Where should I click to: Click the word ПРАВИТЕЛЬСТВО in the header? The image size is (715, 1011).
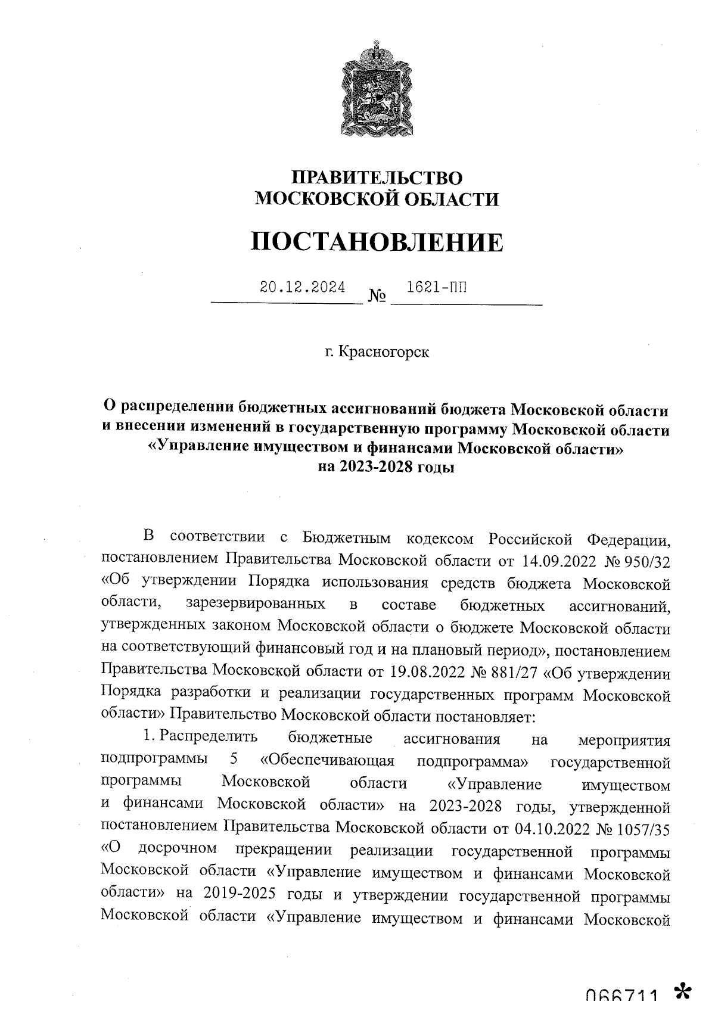tap(376, 177)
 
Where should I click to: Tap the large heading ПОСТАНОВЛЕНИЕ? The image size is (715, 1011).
tap(376, 242)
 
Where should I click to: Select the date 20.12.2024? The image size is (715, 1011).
tap(302, 287)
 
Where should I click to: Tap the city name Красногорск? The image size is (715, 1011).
tap(383, 352)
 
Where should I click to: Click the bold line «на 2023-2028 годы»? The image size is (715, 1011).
tap(386, 467)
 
